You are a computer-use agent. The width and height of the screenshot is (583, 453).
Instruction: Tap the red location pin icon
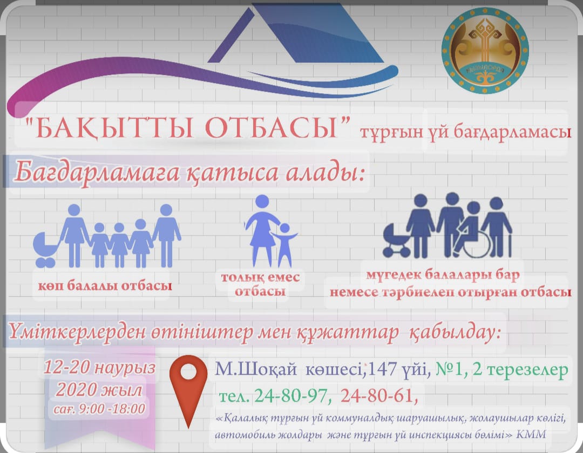click(x=188, y=387)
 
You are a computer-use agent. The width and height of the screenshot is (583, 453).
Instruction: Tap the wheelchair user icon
click(x=471, y=232)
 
